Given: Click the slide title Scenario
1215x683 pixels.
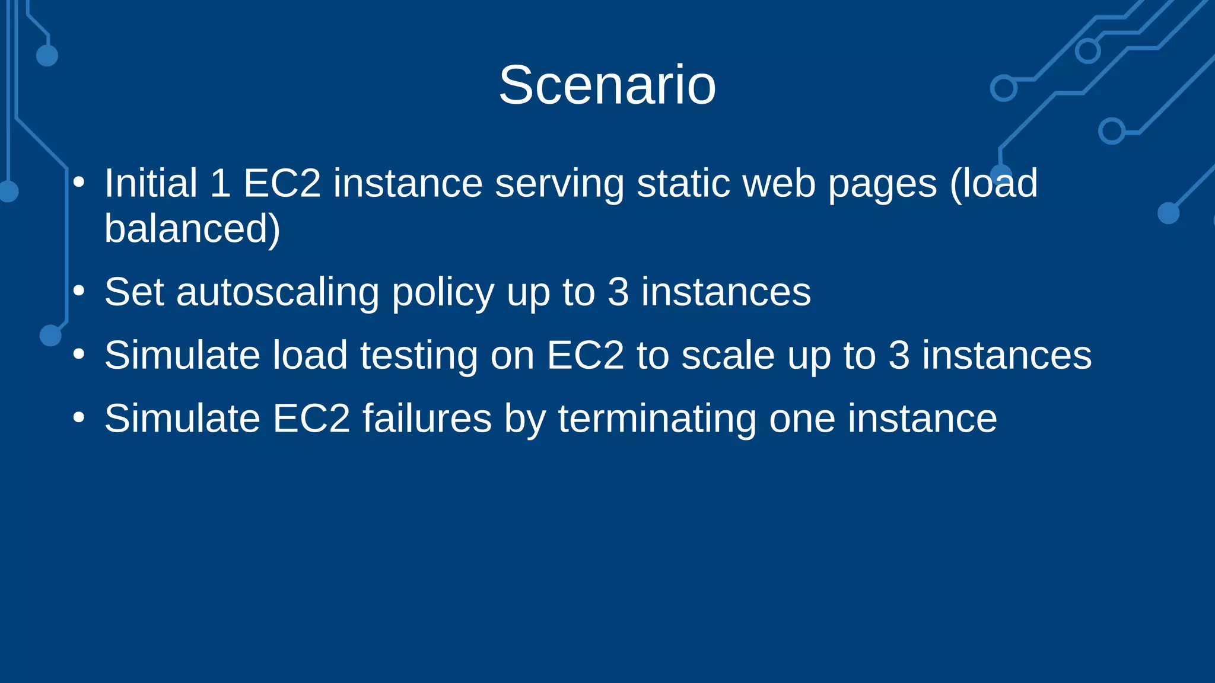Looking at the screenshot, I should tap(607, 85).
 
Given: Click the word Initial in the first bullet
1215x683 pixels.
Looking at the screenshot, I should tap(151, 183).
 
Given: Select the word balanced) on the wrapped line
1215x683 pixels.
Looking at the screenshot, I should tap(192, 229).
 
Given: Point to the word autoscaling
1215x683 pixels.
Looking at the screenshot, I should tap(277, 292).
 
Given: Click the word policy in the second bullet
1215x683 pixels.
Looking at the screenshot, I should tap(443, 293).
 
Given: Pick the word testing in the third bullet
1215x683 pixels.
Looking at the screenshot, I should tap(418, 356).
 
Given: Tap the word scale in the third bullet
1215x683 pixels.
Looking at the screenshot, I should tap(728, 356).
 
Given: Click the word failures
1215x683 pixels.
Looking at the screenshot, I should tap(427, 419).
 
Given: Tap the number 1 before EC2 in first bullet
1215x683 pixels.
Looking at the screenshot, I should tap(220, 183).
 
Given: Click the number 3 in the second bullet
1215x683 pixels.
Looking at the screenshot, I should tap(618, 292).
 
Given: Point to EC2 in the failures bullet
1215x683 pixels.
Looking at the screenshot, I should tap(311, 419).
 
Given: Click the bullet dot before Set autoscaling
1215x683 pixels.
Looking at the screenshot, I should tap(79, 291).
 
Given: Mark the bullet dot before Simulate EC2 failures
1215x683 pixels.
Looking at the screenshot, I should tap(79, 417).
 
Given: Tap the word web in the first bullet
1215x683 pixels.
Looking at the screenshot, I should tap(779, 183).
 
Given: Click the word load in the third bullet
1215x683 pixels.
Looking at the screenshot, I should tap(310, 356).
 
